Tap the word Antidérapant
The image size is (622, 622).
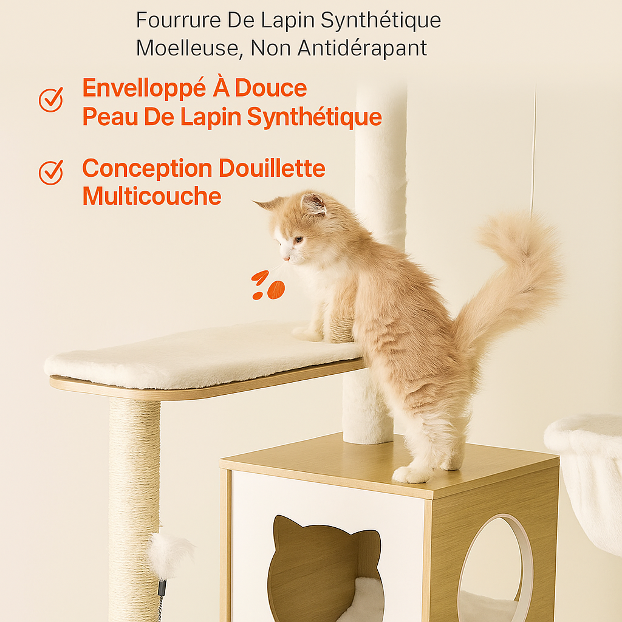pos(362,48)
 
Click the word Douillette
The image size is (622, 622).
pos(272,168)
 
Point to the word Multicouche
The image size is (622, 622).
pos(152,196)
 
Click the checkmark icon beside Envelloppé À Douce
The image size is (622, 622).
pos(51,100)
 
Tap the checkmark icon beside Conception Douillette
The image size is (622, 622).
pos(51,173)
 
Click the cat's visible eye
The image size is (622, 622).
pos(298,239)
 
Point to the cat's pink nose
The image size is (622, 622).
pos(286,259)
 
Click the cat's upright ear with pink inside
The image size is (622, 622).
pos(313,204)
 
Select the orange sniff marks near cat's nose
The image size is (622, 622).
pos(268,285)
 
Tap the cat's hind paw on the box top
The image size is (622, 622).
pos(411,474)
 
